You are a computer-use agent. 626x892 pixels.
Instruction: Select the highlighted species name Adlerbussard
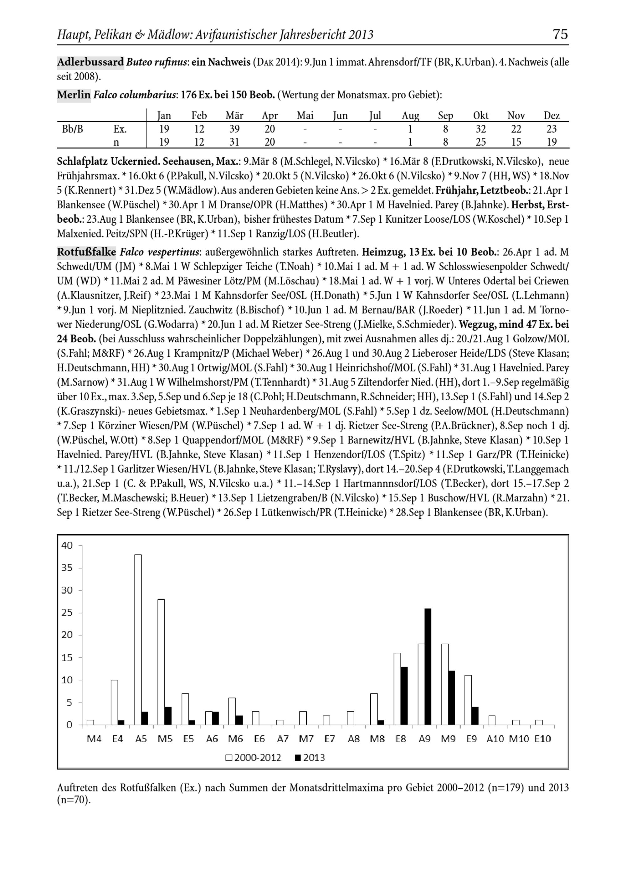tap(90, 62)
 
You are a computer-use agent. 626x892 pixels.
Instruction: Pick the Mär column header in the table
tap(234, 115)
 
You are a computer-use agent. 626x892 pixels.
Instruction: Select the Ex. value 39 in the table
tap(234, 129)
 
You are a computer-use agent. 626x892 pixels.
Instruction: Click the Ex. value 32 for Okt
tap(481, 129)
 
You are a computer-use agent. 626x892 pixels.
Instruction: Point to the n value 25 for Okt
tap(481, 142)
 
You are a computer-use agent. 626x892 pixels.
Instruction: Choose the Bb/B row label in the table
tap(72, 129)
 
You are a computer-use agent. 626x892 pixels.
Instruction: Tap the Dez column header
tap(552, 115)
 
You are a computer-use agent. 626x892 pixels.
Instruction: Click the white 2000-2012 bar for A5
tap(138, 640)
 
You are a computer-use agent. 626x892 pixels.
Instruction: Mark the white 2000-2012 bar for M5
tap(161, 661)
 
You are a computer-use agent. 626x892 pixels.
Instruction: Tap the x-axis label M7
tap(306, 739)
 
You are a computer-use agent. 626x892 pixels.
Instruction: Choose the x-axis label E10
tap(542, 739)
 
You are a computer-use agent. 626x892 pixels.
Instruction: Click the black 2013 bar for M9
tap(451, 698)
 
